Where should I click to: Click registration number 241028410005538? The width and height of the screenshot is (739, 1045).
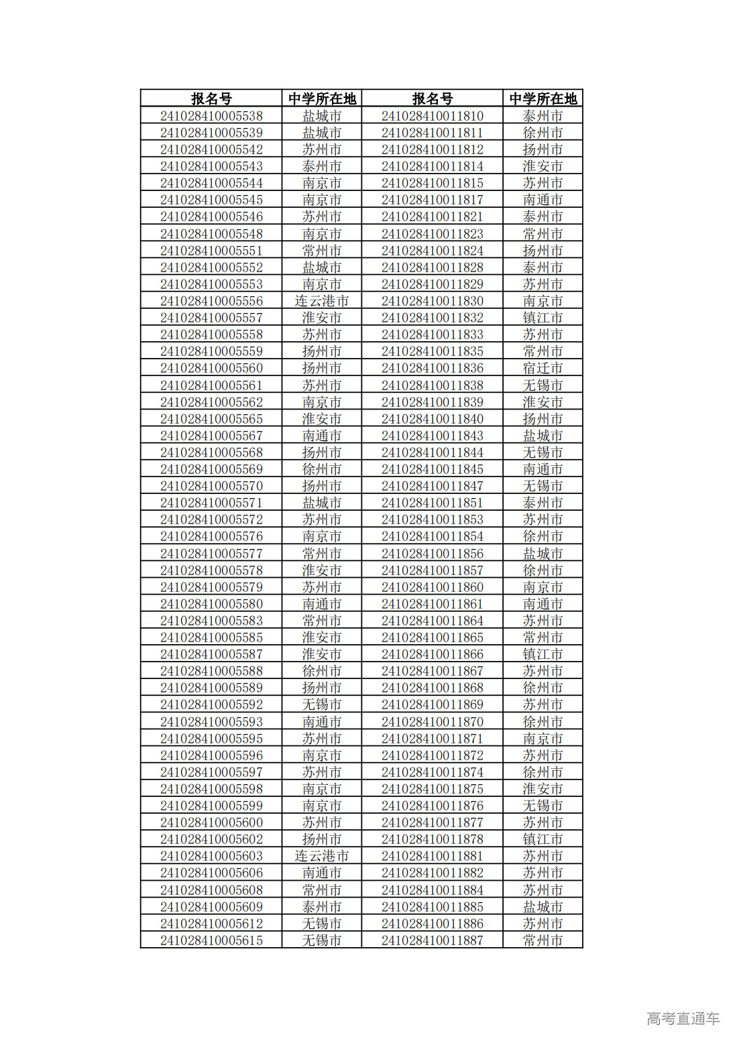coord(211,116)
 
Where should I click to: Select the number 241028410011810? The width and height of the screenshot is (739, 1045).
coord(432,116)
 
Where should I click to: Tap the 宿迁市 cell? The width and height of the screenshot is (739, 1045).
coord(543,368)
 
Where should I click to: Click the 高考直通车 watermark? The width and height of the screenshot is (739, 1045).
coord(683,1018)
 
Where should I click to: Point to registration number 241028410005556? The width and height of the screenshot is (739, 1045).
coord(211,301)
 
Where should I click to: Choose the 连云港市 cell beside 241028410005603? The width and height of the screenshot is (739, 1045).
coord(321,856)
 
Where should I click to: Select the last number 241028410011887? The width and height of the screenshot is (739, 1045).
coord(432,940)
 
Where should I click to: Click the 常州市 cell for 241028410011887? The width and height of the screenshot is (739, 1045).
coord(543,940)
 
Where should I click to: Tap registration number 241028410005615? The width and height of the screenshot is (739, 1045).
coord(211,940)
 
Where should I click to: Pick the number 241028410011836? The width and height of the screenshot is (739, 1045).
coord(432,368)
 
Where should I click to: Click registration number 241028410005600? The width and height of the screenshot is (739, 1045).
coord(211,822)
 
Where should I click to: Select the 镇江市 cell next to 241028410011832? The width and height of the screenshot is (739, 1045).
coord(543,318)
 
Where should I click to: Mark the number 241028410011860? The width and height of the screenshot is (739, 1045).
coord(432,587)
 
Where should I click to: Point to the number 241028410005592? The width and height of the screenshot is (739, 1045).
coord(211,704)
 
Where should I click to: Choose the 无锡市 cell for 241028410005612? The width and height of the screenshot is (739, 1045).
coord(321,924)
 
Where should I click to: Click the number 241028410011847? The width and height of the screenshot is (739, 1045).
coord(432,486)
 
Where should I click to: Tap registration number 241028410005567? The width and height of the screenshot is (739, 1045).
coord(211,436)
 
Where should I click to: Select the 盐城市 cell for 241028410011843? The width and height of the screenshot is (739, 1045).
coord(543,436)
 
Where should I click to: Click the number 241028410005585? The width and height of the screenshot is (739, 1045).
coord(211,637)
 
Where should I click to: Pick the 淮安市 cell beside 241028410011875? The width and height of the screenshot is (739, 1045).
coord(543,789)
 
